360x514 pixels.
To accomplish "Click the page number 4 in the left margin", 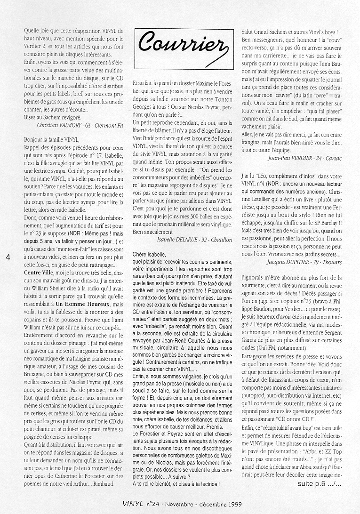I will point(8,257).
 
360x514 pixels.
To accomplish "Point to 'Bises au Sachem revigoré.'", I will point(52,117).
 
